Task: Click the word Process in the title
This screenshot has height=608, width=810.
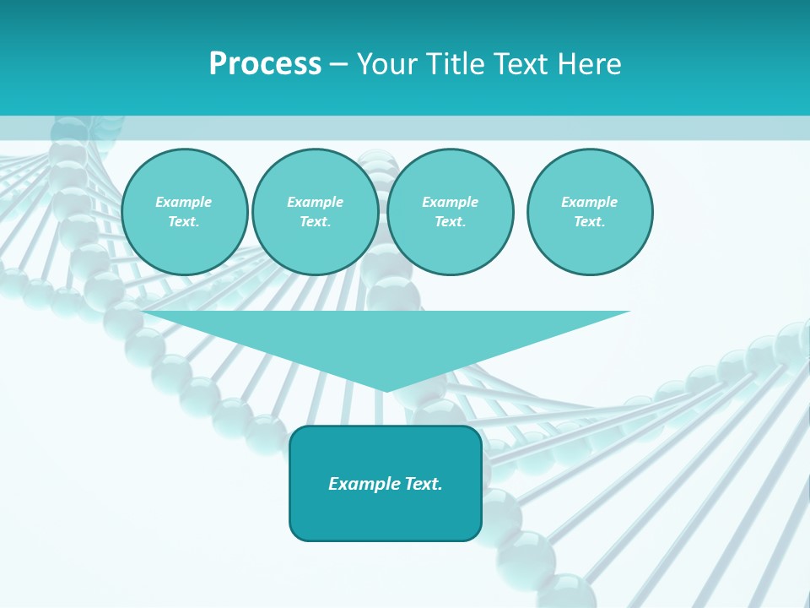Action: click(265, 63)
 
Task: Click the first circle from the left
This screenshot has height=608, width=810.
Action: click(184, 212)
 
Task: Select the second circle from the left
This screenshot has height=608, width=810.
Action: click(316, 212)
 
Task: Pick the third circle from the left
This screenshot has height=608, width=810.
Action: click(451, 212)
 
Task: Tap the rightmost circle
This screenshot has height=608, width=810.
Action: click(590, 212)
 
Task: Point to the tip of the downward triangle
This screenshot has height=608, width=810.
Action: click(386, 391)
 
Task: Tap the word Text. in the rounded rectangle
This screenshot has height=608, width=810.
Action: click(422, 484)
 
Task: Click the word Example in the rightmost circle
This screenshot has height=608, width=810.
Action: click(590, 202)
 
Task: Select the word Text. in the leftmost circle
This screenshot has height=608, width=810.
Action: click(184, 222)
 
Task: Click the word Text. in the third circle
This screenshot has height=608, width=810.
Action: click(451, 222)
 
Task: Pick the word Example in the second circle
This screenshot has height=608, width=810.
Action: click(316, 202)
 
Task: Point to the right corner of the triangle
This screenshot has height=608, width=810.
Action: click(629, 312)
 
